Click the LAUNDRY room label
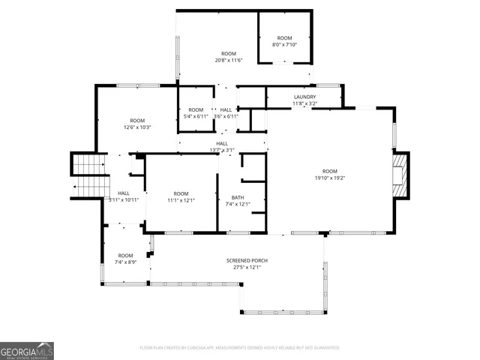click(304, 97)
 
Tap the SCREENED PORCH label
click(247, 260)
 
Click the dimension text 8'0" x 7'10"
click(284, 44)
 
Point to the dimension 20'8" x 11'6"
click(229, 60)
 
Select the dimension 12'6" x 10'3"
click(137, 127)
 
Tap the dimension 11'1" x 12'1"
click(181, 200)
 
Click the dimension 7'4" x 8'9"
click(125, 262)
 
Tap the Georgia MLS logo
click(27, 350)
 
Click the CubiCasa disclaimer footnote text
click(240, 348)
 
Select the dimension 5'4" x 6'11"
click(196, 116)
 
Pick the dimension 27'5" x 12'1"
click(247, 267)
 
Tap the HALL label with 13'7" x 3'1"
click(222, 143)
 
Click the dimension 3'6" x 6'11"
click(226, 116)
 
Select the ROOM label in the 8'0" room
click(284, 37)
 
